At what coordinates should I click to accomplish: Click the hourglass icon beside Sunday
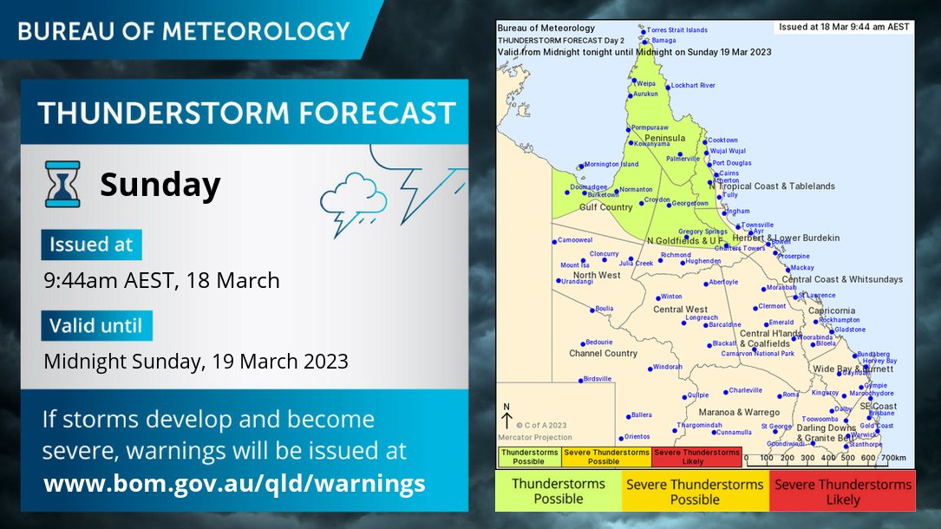click(x=62, y=184)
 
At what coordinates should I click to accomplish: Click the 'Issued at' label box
click(x=91, y=245)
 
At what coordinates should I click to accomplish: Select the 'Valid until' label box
click(x=96, y=326)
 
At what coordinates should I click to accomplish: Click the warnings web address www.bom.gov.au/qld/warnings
click(x=234, y=483)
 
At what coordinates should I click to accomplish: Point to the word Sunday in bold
click(x=160, y=185)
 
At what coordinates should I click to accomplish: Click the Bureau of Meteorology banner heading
click(x=184, y=32)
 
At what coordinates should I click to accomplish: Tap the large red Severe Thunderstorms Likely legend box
click(x=842, y=491)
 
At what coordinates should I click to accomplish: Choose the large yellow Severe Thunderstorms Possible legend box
click(x=695, y=491)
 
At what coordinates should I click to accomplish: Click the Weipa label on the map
click(x=646, y=83)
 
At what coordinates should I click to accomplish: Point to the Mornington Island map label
click(x=611, y=164)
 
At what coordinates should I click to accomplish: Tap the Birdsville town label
click(x=598, y=379)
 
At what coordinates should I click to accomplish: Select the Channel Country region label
click(x=603, y=354)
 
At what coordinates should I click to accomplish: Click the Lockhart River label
click(x=693, y=86)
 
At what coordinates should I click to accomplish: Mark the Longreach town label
click(x=701, y=317)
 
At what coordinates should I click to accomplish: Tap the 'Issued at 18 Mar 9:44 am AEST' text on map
click(x=844, y=27)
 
